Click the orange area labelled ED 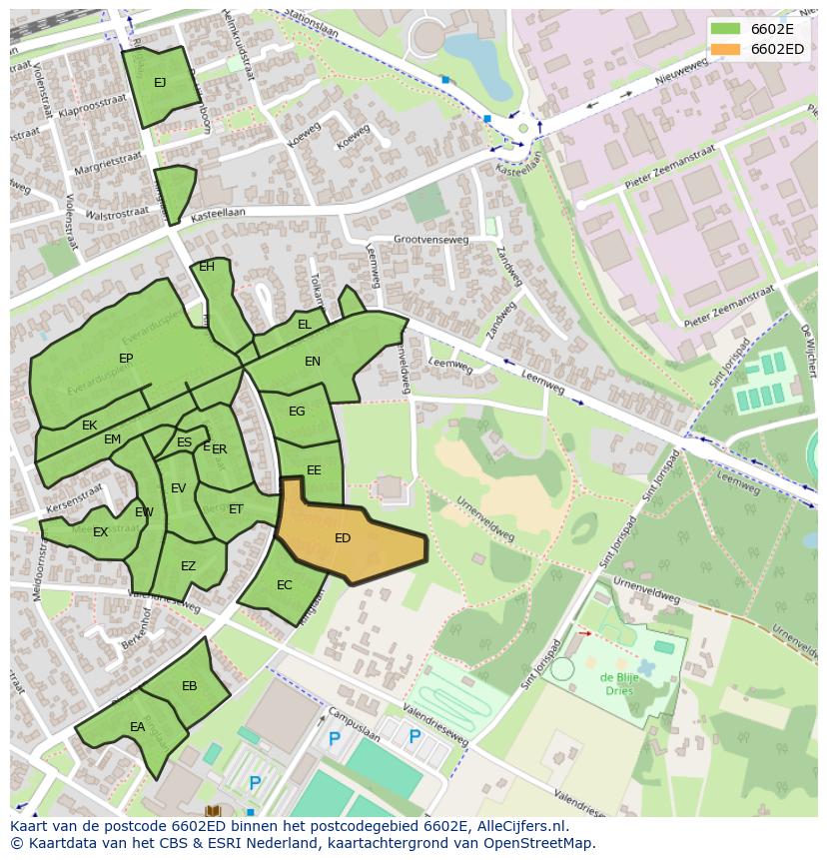(x=350, y=544)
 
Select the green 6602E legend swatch (x=727, y=29)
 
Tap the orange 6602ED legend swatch (x=727, y=49)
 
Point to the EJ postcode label (x=160, y=83)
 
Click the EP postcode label (x=126, y=359)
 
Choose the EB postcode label (x=190, y=686)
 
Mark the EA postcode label (x=138, y=727)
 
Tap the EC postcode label (x=285, y=585)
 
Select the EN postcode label (x=313, y=362)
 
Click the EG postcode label (x=297, y=412)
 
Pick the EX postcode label (x=100, y=532)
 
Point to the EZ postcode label (x=189, y=566)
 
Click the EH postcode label (x=207, y=267)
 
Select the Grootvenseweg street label (x=430, y=240)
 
